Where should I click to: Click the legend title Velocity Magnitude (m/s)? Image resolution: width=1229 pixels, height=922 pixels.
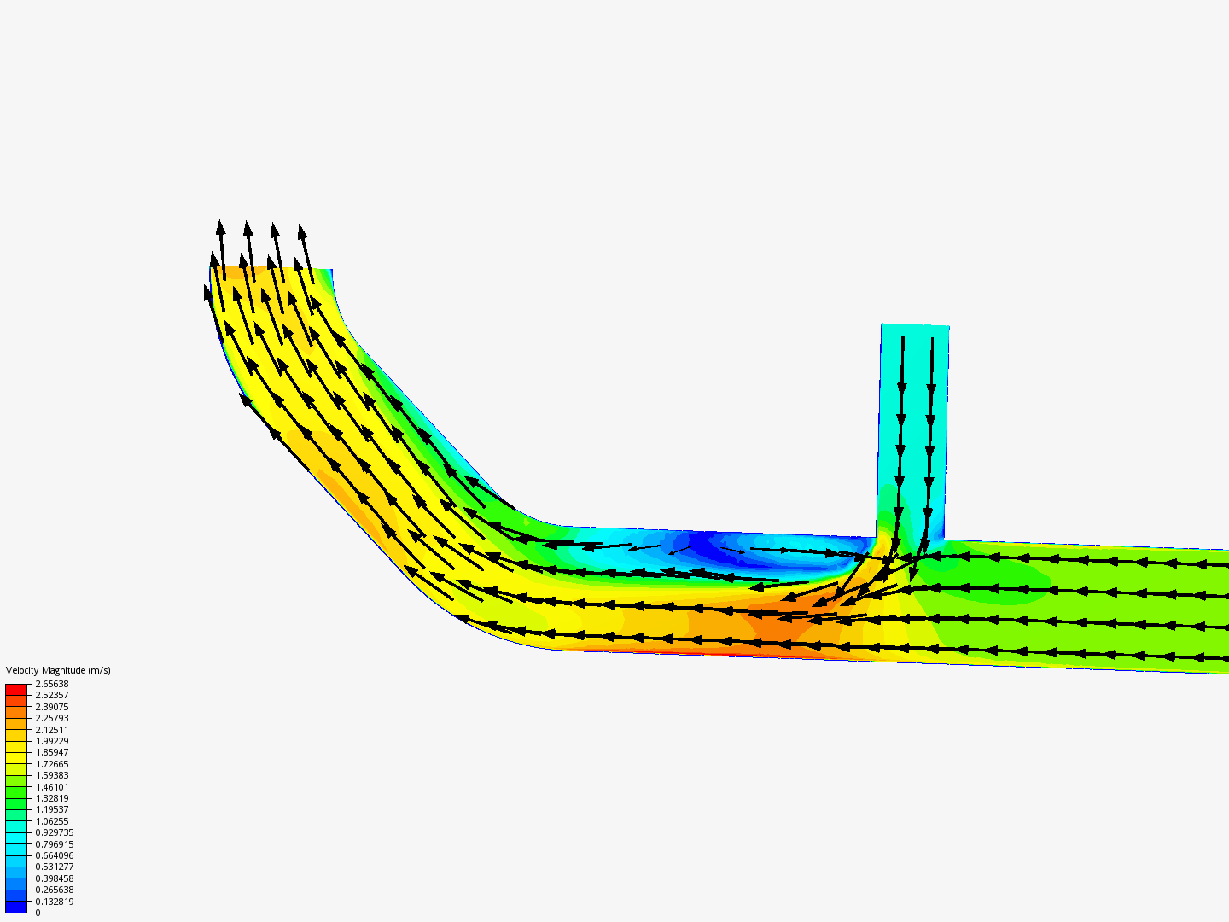[x=58, y=670]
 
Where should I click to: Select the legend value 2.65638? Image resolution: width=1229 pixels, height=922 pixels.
[x=51, y=684]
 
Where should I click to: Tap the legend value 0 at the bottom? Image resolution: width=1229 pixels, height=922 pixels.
[x=38, y=913]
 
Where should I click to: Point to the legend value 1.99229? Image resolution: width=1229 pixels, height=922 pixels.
[x=51, y=741]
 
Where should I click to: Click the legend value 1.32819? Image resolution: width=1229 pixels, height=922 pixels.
[x=51, y=798]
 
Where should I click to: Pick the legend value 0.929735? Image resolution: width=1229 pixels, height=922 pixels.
[x=54, y=832]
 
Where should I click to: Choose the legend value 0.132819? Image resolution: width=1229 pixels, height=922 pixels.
[x=54, y=902]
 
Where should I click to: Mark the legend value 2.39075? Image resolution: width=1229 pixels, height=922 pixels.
[x=51, y=707]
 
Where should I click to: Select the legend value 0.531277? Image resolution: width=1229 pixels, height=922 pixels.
[x=54, y=867]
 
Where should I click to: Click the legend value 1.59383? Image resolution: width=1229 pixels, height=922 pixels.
[x=51, y=775]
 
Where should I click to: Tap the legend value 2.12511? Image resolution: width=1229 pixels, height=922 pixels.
[x=51, y=730]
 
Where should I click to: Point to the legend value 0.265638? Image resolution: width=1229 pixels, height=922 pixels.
[x=54, y=890]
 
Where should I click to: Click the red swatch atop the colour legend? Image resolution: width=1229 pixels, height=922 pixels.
[x=16, y=689]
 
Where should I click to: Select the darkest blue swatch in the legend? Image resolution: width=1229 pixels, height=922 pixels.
[x=16, y=907]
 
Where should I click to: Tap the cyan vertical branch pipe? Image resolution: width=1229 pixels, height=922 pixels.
[x=913, y=410]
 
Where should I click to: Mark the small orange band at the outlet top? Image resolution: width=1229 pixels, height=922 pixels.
[x=248, y=272]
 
